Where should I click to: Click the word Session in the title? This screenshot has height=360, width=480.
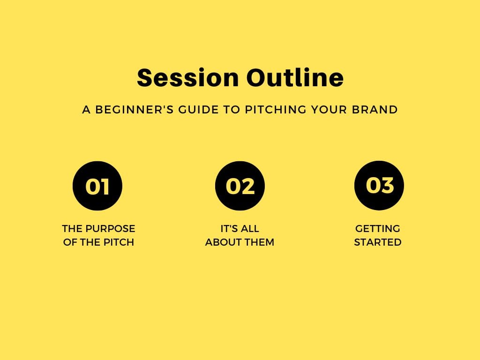pos(187,78)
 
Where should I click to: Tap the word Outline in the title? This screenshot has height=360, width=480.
pos(295,77)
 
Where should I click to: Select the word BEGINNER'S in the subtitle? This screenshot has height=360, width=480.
pos(135,110)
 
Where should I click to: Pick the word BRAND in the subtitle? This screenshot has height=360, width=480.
pos(375,110)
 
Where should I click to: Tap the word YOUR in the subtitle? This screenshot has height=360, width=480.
pos(329,110)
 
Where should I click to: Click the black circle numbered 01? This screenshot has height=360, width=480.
pos(97,186)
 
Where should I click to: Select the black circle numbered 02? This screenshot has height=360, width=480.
pos(240,186)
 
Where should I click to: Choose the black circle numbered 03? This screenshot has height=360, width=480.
pos(379,186)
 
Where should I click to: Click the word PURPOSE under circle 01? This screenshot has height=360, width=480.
pos(110,229)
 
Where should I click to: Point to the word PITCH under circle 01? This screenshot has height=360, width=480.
pos(119,242)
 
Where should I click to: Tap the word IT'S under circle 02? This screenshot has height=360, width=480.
pos(229,229)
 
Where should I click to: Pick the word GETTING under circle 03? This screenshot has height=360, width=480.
pos(377,229)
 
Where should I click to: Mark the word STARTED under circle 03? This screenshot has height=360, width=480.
pos(378,242)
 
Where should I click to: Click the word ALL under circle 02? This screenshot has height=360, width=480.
pos(250,229)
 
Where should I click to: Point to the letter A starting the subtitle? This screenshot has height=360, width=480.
pos(86,110)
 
